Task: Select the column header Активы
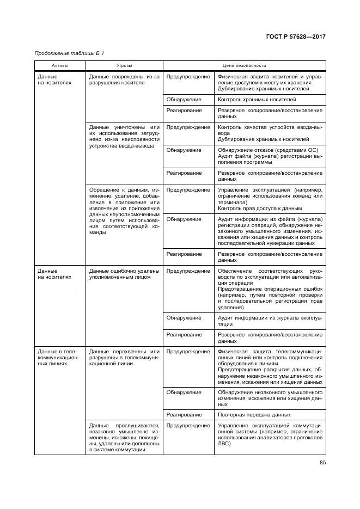[60, 65]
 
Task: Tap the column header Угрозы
[124, 65]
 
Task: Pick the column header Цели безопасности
[244, 65]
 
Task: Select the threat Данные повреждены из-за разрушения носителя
[124, 80]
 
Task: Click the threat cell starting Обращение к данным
[124, 211]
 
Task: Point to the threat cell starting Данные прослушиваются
[124, 438]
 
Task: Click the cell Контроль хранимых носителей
[257, 100]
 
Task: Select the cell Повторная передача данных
[250, 414]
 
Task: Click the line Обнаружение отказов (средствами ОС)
[267, 150]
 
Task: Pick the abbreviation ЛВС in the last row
[223, 444]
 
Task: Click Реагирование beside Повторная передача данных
[184, 414]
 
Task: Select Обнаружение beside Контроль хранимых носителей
[184, 100]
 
